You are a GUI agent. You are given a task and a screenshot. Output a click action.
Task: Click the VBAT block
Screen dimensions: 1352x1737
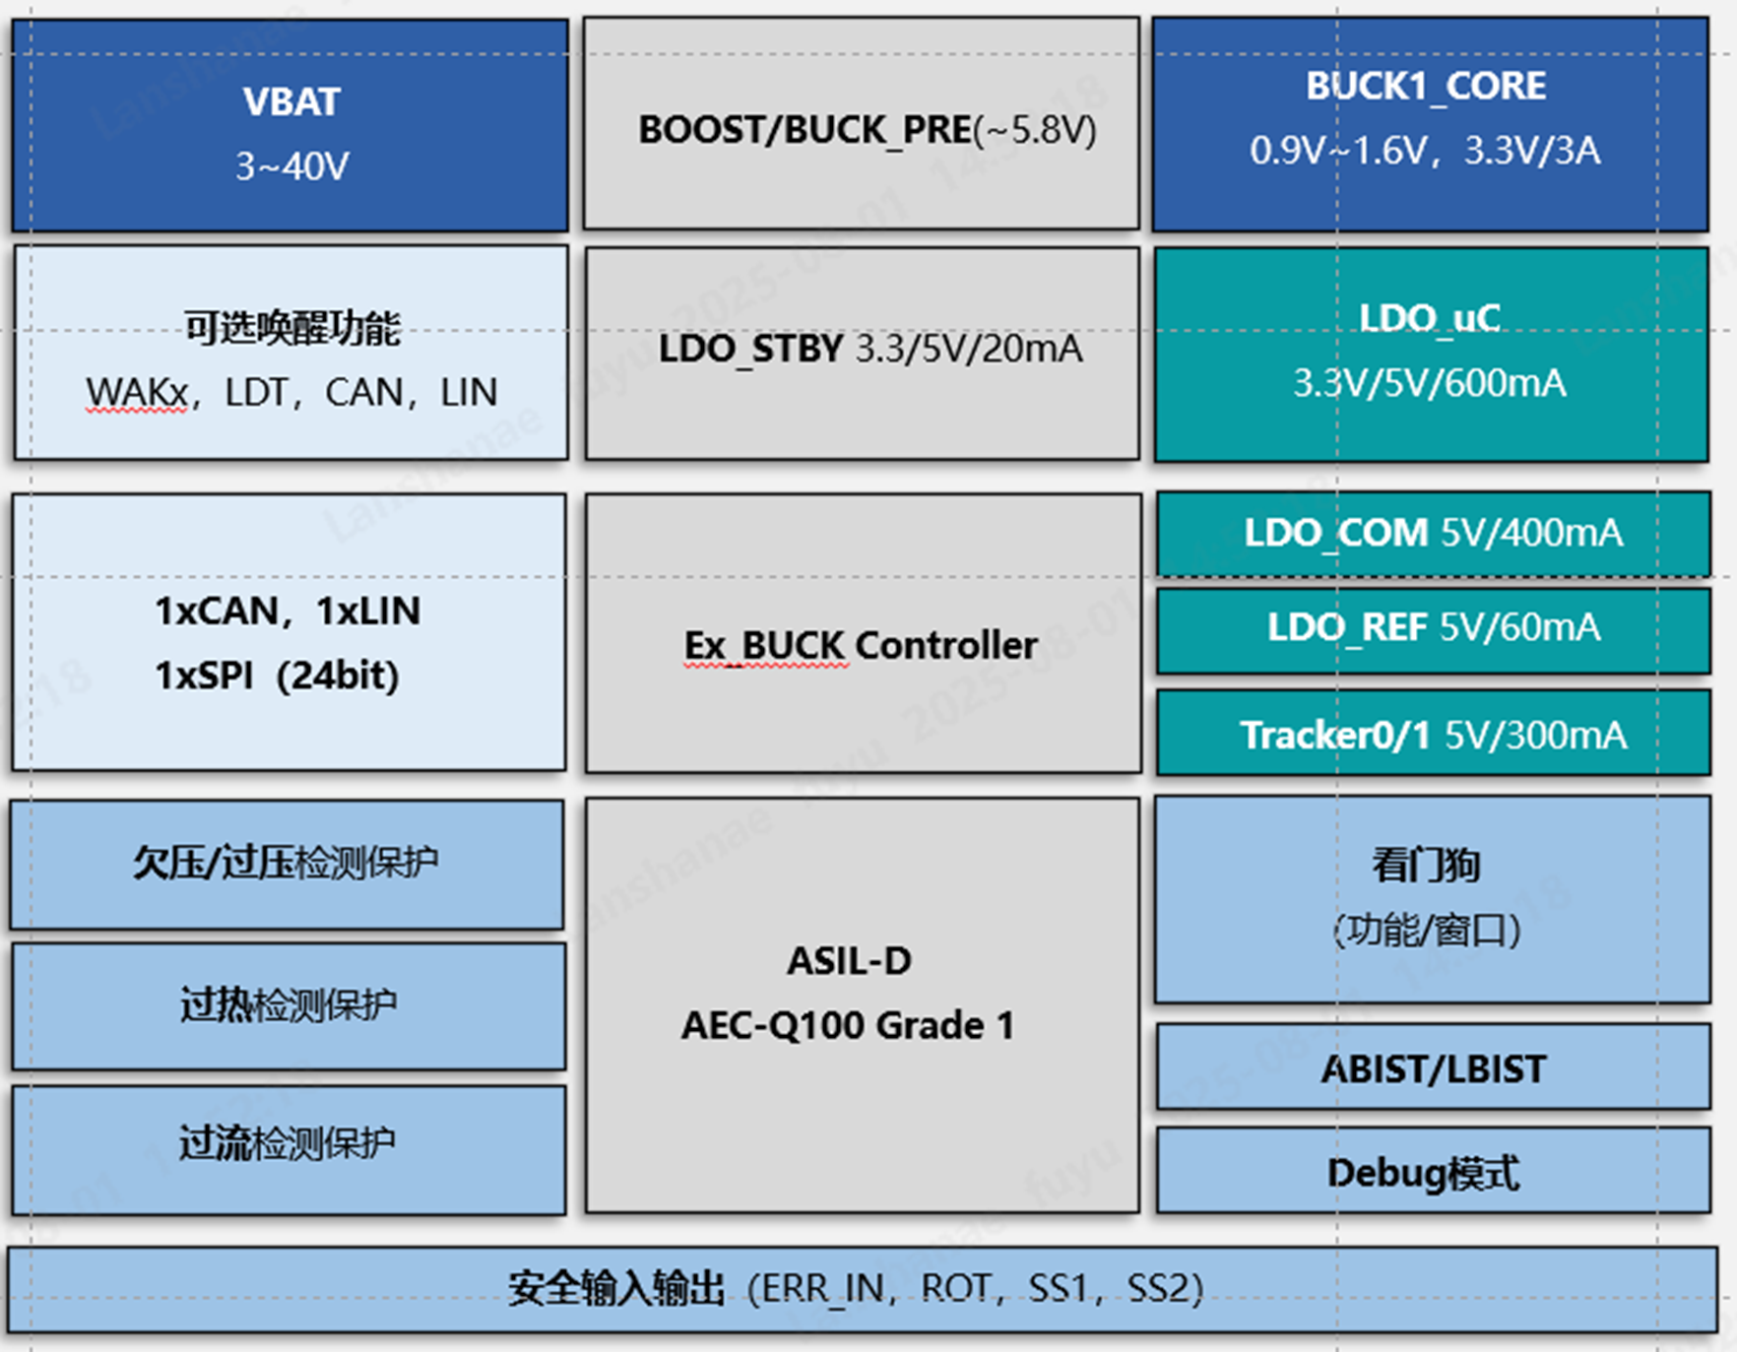(290, 126)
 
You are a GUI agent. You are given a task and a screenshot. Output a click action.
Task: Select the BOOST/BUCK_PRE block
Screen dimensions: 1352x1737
(862, 126)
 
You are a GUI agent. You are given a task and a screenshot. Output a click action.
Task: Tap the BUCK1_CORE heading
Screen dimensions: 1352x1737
(1426, 87)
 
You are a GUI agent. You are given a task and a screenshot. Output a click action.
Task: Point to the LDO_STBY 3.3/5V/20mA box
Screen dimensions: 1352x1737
(862, 352)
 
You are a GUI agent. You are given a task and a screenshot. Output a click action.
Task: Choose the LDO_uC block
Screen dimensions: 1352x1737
(1430, 353)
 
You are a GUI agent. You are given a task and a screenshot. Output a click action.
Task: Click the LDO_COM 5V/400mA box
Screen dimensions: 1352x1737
(1433, 534)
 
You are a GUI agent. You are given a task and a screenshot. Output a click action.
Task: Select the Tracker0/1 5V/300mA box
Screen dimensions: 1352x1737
(1433, 735)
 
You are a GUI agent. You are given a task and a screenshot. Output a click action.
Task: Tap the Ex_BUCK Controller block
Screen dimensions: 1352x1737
(862, 645)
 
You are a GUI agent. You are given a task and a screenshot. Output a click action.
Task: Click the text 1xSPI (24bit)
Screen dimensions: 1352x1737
(277, 676)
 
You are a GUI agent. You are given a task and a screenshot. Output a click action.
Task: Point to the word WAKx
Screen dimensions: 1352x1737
(136, 393)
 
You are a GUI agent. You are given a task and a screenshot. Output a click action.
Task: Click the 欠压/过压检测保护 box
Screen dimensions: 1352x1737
(287, 864)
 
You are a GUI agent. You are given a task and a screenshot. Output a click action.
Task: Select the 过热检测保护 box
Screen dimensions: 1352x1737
(289, 1005)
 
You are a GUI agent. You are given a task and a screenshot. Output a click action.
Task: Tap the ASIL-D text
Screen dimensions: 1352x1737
(849, 961)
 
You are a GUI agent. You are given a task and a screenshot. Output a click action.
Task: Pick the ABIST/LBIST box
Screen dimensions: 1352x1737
(1433, 1069)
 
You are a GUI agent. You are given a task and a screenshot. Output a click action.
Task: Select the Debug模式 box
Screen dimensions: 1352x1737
(1433, 1173)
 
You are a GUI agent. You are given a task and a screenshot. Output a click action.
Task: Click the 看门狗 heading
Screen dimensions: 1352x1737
(1426, 866)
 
